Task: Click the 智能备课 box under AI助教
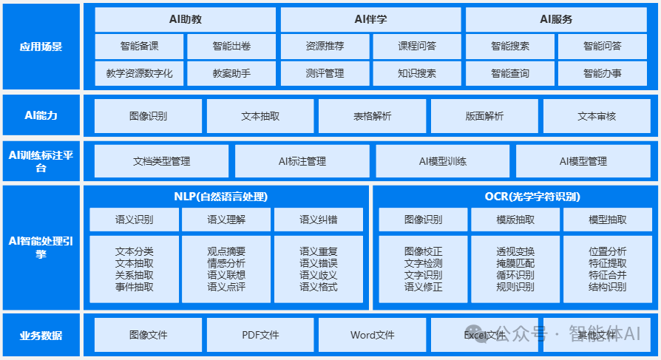[139, 46]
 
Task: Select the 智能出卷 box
[231, 46]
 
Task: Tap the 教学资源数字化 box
[139, 73]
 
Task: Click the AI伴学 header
[370, 19]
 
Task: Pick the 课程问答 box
[417, 46]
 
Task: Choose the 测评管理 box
[325, 73]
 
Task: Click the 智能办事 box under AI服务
[602, 73]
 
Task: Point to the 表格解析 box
[372, 116]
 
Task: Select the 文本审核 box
[596, 116]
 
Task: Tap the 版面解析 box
[484, 116]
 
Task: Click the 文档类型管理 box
[161, 161]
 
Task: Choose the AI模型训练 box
[442, 161]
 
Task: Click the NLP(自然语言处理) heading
[226, 197]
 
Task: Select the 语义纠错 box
[319, 220]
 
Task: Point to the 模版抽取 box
[515, 220]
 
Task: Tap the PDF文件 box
[260, 335]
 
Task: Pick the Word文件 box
[372, 335]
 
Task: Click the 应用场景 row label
[41, 47]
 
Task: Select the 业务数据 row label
[41, 335]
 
